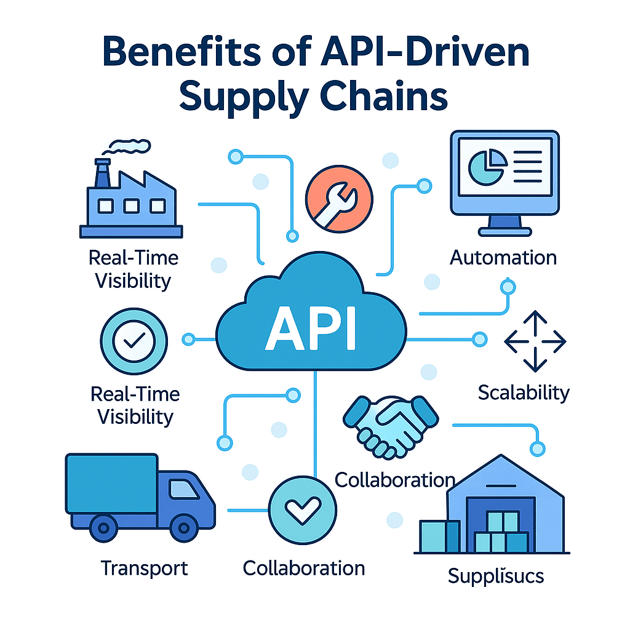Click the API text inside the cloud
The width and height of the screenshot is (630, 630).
(311, 332)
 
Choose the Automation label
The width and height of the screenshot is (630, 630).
(503, 257)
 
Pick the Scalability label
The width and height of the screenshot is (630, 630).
(524, 392)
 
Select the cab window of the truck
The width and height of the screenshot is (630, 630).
(185, 490)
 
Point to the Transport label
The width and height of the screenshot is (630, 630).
(144, 567)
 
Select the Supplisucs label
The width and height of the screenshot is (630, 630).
(495, 576)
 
